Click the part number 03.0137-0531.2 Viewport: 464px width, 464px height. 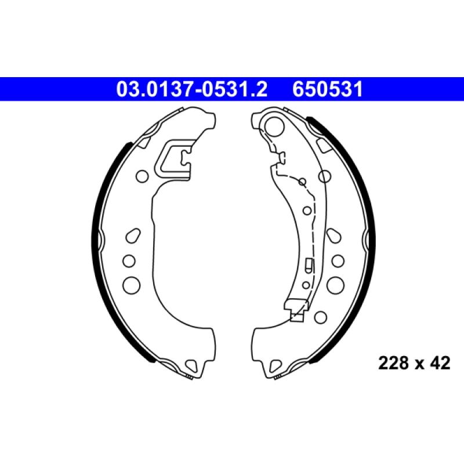pos(192,89)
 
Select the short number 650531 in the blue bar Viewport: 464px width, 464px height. pos(328,89)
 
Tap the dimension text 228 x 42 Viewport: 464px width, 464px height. pos(414,363)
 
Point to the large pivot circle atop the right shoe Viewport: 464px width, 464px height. pos(274,126)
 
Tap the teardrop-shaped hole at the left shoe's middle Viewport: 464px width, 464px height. pos(133,236)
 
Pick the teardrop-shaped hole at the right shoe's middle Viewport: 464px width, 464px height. pos(334,236)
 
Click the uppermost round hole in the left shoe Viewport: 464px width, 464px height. pos(142,176)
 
